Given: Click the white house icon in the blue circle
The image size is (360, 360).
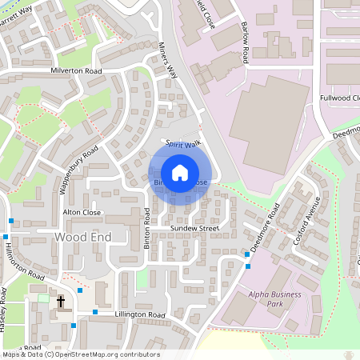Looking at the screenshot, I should tap(180, 172).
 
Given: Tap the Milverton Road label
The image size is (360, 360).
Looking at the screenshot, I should tap(78, 71).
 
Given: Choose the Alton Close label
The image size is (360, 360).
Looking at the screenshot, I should tap(82, 213).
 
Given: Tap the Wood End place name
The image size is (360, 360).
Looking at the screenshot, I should tap(80, 238).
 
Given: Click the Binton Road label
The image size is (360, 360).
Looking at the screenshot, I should tap(147, 229).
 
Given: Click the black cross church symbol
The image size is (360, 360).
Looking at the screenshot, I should tap(61, 302).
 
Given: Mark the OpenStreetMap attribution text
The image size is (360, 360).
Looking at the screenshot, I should tap(80, 354).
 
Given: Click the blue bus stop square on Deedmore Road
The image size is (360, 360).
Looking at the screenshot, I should tap(246, 255).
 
